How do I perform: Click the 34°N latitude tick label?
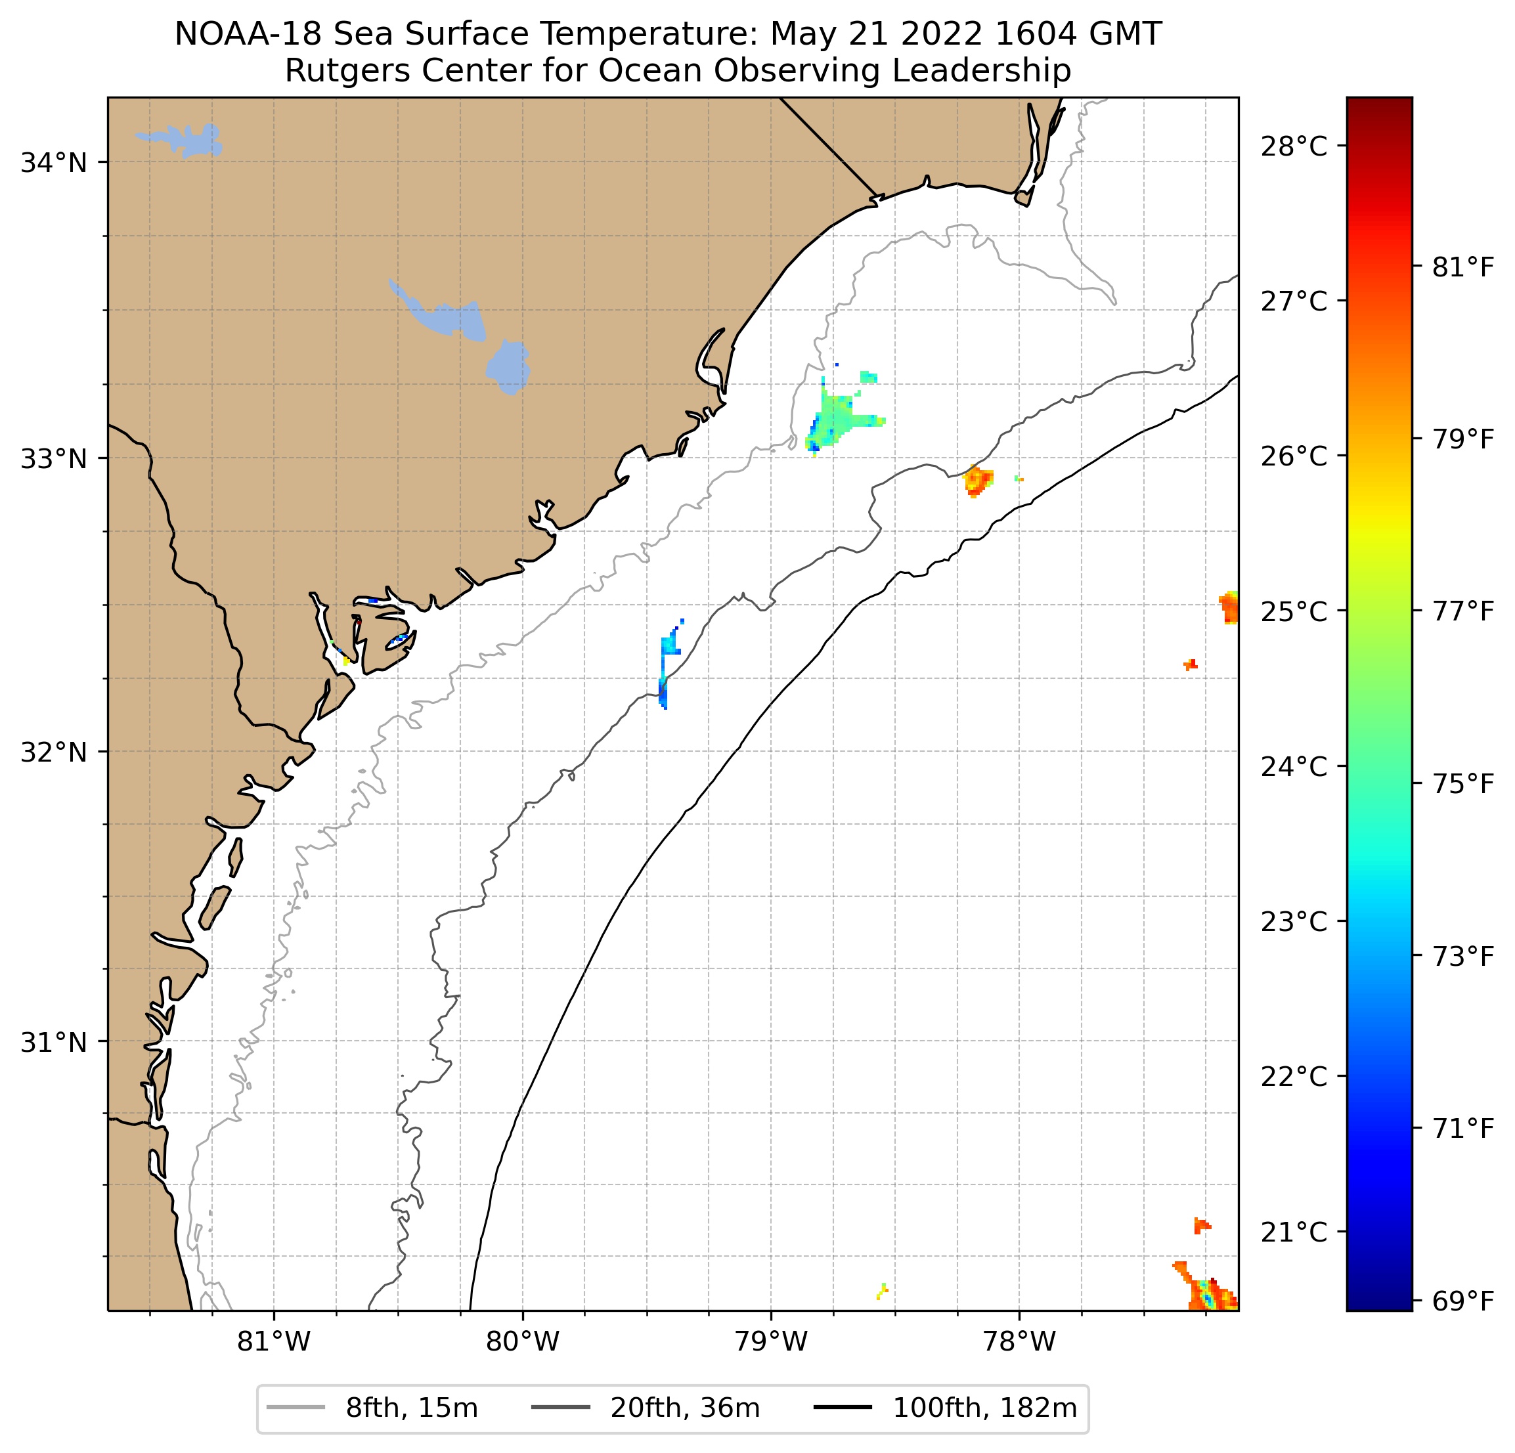tap(53, 163)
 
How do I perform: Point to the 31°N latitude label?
tap(53, 1043)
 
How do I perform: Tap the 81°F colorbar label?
tap(1463, 267)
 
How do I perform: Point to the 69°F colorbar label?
tap(1463, 1301)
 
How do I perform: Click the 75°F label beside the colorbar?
tap(1463, 784)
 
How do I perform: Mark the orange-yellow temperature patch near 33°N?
tap(978, 480)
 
